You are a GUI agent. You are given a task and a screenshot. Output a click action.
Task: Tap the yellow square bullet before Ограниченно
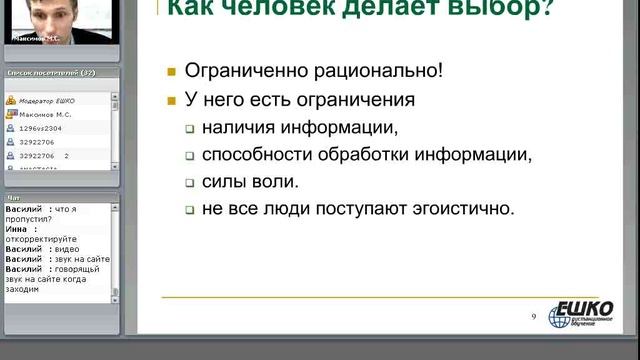(172, 73)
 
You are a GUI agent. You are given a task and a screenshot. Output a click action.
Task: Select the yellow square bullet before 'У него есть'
(172, 101)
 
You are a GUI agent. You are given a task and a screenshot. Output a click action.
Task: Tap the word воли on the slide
(274, 182)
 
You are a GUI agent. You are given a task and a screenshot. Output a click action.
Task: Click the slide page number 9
(534, 316)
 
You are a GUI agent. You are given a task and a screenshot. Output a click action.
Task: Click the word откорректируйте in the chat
(39, 237)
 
